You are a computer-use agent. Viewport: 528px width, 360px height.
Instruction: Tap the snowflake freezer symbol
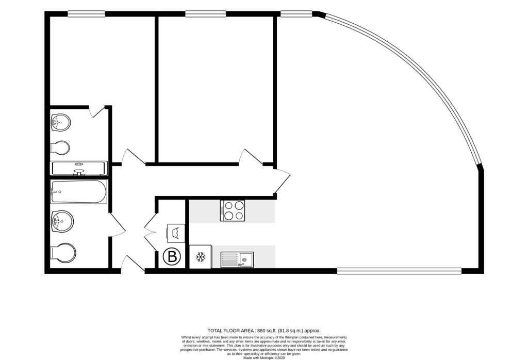(200, 257)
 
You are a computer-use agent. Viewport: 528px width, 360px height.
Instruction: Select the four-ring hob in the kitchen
(233, 210)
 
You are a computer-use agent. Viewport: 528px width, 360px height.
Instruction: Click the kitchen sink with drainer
(237, 259)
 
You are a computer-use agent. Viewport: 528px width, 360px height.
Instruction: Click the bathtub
(78, 192)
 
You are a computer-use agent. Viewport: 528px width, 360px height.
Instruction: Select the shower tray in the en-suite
(78, 168)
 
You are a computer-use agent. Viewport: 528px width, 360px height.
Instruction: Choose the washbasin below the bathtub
(62, 222)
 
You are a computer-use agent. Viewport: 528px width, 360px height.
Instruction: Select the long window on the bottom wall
(399, 270)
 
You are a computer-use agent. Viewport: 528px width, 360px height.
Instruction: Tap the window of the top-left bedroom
(86, 14)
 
